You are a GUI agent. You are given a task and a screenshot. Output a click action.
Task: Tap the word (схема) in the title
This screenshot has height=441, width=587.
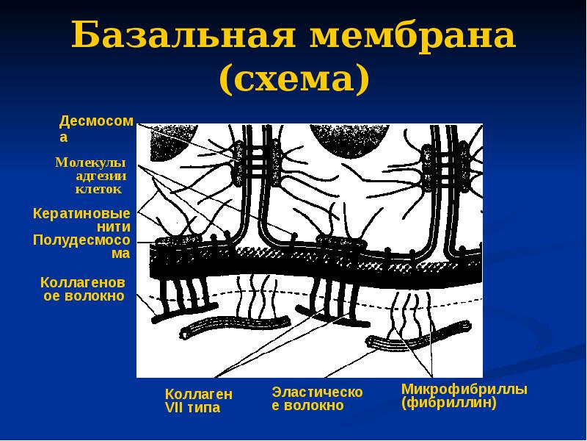(x=293, y=77)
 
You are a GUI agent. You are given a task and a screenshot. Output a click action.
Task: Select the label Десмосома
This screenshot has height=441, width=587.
(x=95, y=127)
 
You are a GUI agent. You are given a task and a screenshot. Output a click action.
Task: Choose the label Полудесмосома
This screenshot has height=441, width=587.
(x=81, y=247)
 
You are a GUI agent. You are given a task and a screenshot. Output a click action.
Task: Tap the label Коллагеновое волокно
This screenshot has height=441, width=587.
(x=83, y=290)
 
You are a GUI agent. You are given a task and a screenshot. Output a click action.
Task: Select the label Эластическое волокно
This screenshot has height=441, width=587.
(x=317, y=398)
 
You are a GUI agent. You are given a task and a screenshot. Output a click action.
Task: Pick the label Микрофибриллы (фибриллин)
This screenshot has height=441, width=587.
(x=464, y=395)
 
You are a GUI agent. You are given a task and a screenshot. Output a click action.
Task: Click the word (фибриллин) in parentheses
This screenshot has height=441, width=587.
(x=449, y=404)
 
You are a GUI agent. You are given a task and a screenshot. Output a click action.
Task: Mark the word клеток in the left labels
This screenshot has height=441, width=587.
(x=98, y=189)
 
